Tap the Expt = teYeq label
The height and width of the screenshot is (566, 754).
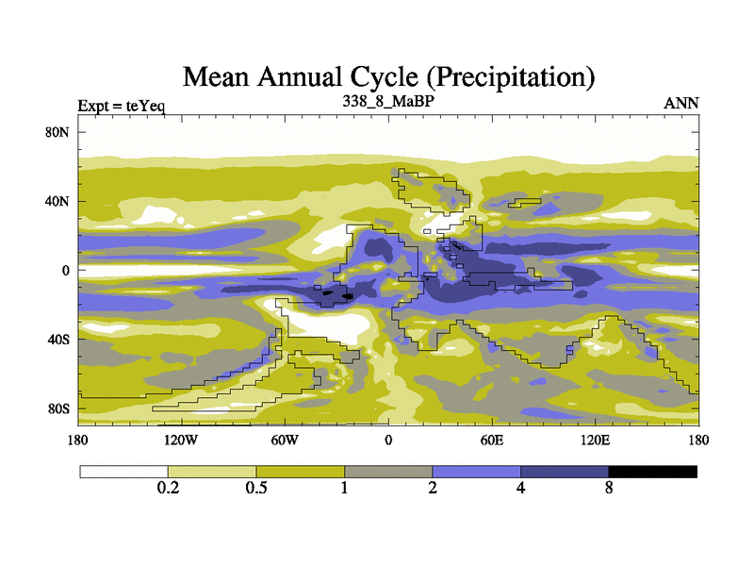[x=122, y=105]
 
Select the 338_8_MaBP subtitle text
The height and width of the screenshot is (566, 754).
[x=387, y=100]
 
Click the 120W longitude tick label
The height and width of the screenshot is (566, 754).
[x=181, y=440]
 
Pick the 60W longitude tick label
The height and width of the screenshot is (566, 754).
[x=285, y=440]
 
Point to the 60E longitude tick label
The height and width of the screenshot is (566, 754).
[x=492, y=440]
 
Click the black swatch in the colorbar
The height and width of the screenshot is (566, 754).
[x=652, y=471]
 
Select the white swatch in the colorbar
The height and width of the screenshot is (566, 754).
[x=123, y=471]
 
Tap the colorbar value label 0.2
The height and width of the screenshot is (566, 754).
[x=168, y=489]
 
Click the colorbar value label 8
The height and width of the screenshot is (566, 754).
[x=609, y=489]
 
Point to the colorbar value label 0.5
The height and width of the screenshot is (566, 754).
[x=255, y=489]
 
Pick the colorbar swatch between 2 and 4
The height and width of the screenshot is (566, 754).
[x=476, y=471]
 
